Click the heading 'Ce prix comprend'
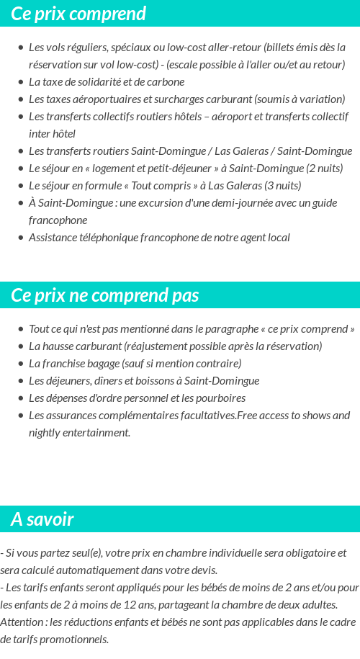(78, 14)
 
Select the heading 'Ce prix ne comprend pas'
(105, 295)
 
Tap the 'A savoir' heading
(42, 519)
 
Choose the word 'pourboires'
(221, 398)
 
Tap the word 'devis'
(202, 570)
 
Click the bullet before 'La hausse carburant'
(20, 346)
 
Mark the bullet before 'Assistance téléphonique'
(20, 238)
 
